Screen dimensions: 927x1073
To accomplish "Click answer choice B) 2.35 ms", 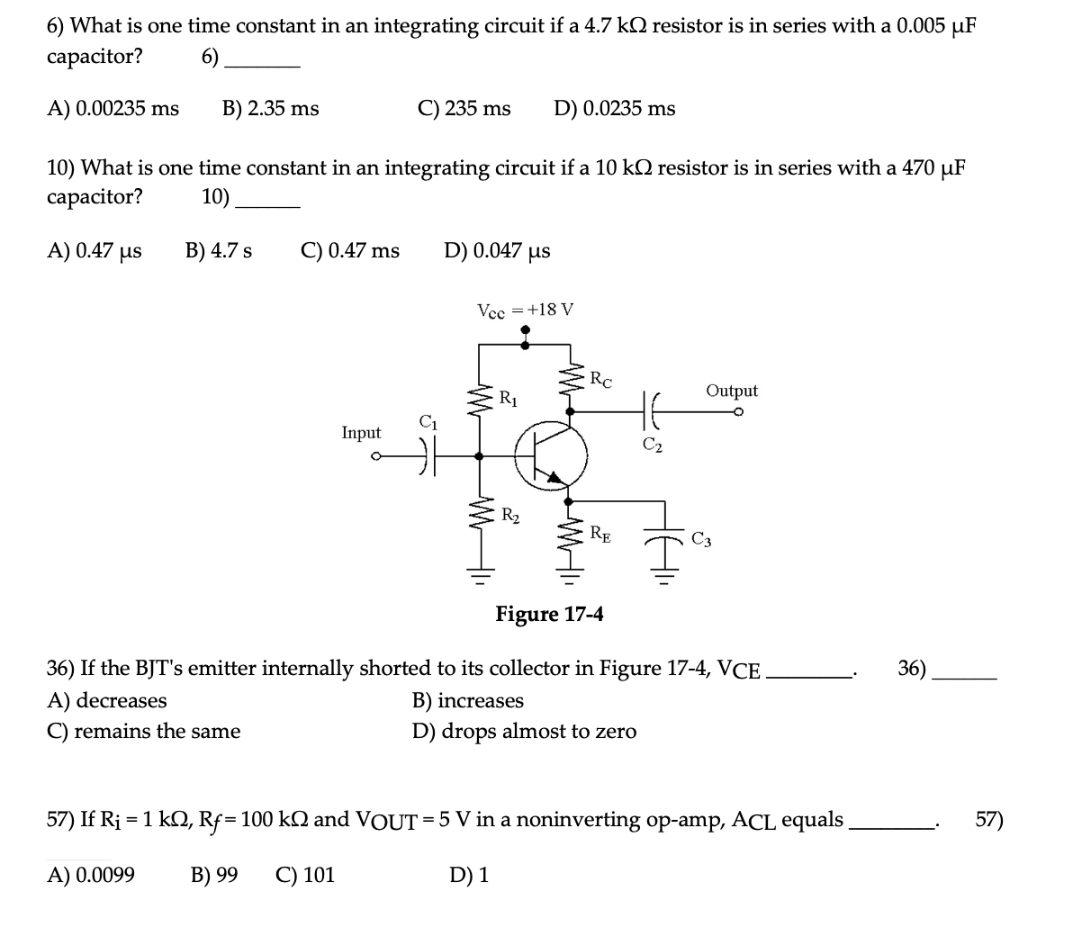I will tap(270, 109).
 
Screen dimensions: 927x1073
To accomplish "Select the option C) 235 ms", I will tap(464, 109).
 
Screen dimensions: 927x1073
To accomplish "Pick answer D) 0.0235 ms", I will tap(614, 109).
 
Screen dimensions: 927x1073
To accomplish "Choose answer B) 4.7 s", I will tap(219, 250).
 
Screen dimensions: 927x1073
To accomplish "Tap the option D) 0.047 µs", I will tap(497, 250).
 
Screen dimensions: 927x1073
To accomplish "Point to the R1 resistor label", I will tap(508, 396).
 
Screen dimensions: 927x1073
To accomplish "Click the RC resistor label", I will tap(600, 379).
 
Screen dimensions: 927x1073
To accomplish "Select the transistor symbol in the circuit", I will tap(551, 456).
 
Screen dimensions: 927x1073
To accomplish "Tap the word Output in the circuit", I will tap(731, 391).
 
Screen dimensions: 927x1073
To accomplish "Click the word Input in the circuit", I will tap(361, 433).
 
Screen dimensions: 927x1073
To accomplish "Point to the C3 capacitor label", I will tap(702, 540).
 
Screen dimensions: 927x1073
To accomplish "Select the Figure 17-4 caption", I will tap(549, 614).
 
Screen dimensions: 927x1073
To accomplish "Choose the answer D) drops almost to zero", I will tap(524, 731).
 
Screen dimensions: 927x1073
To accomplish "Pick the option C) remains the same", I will tap(143, 731).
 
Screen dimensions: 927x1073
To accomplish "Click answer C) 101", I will tap(305, 874).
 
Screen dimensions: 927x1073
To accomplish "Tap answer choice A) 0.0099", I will tap(91, 874).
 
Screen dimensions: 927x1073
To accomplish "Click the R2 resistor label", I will tap(509, 516).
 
